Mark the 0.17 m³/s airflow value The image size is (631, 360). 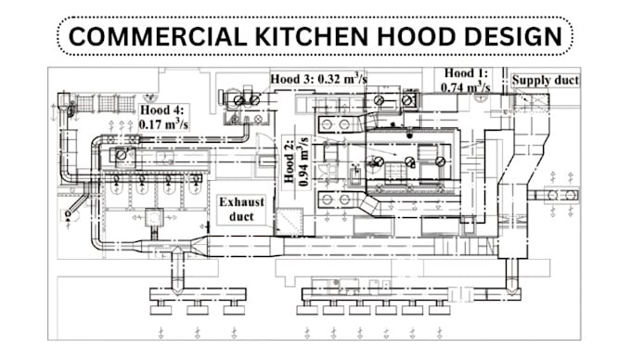pos(163,122)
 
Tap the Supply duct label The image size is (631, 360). pos(547,80)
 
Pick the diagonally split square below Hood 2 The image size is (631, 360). pos(290,222)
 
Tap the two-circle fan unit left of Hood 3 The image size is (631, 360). pos(246,99)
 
